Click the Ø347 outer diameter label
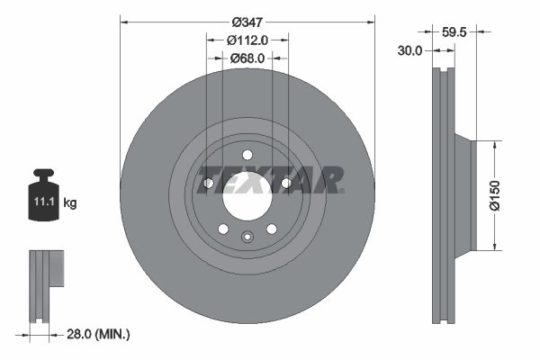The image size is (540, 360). pos(247,21)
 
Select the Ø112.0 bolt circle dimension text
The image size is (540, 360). pos(247,40)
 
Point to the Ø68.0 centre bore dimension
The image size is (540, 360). pos(247,58)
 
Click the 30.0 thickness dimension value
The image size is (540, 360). pos(410,51)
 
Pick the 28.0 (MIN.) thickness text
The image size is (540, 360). pos(98,334)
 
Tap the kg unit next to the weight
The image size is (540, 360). pos(70,203)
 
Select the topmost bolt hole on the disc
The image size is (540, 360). pos(247,154)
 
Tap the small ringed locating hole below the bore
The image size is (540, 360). pos(247,237)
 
